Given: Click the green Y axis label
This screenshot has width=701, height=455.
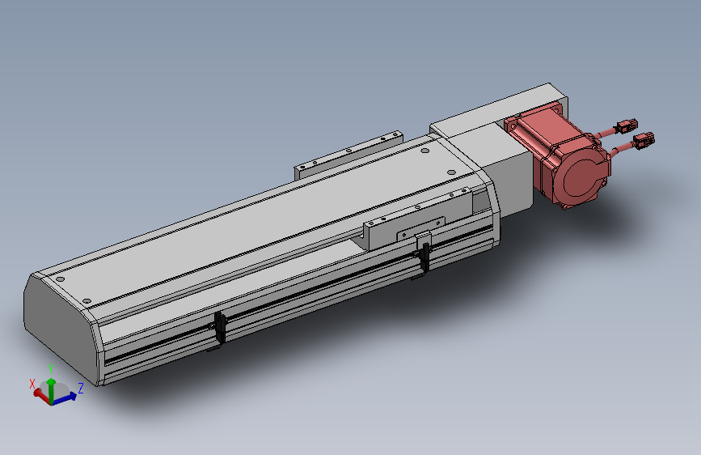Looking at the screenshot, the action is (x=51, y=369).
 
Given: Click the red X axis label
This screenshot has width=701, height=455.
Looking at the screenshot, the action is (x=32, y=384).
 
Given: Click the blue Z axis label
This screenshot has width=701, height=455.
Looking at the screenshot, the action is (x=81, y=388).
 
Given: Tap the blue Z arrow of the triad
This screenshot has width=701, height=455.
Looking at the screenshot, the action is (x=65, y=398).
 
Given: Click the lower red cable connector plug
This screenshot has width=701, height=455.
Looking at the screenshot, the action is (x=644, y=140).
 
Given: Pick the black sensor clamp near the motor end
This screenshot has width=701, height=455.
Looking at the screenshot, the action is (x=423, y=258).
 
